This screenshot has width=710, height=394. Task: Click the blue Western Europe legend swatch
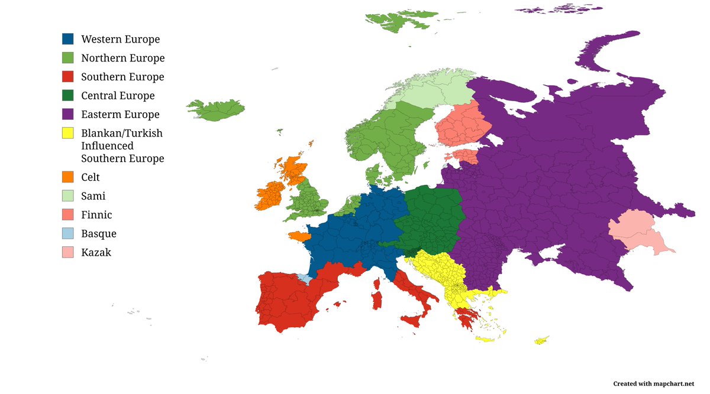68,39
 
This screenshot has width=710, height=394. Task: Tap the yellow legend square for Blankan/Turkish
68,133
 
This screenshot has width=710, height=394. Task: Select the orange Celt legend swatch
68,177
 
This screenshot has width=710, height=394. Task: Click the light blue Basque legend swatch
68,233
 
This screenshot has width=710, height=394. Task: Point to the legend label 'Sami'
93,196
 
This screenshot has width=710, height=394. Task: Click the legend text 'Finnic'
96,215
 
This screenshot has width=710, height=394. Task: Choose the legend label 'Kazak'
96,252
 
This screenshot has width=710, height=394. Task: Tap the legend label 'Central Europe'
118,96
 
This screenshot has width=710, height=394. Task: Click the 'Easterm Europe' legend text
120,115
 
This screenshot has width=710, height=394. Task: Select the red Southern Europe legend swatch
68,77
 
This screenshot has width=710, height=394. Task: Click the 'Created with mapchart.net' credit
653,383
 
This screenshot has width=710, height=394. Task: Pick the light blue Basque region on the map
304,278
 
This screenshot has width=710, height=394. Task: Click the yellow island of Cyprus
540,341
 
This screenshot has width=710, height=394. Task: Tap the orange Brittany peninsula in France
298,236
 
